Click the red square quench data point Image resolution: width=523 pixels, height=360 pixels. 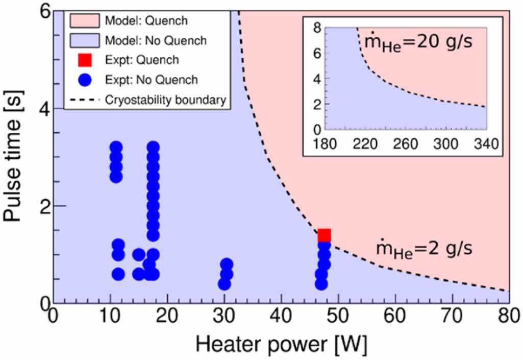pyautogui.click(x=324, y=235)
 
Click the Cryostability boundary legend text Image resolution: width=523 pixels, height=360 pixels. pyautogui.click(x=165, y=100)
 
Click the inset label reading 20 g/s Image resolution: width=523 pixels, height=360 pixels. pyautogui.click(x=416, y=42)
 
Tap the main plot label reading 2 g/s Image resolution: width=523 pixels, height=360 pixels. pyautogui.click(x=424, y=250)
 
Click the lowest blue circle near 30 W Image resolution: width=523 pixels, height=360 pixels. pyautogui.click(x=223, y=284)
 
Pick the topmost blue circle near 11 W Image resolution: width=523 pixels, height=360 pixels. pyautogui.click(x=116, y=148)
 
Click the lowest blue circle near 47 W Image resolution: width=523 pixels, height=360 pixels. pyautogui.click(x=321, y=284)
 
